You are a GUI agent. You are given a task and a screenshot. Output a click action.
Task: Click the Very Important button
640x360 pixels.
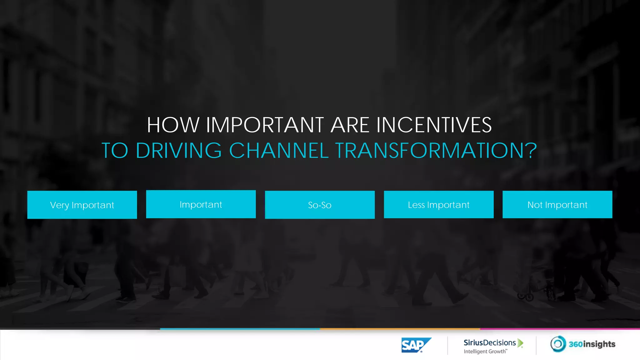click(x=82, y=205)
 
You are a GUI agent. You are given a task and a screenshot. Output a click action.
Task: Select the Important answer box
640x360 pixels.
click(x=201, y=204)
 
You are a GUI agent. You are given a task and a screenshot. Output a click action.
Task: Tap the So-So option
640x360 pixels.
click(x=320, y=205)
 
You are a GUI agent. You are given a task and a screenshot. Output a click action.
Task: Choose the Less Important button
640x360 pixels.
click(x=438, y=204)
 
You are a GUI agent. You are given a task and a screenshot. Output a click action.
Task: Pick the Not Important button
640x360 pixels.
click(x=557, y=204)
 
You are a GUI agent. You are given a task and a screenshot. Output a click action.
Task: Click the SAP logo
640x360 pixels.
click(x=416, y=345)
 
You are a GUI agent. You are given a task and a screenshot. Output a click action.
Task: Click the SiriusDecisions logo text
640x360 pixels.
click(x=489, y=342)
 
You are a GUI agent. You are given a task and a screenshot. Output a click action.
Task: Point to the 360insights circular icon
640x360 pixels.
click(x=558, y=344)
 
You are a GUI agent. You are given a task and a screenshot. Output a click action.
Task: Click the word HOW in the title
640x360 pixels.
click(x=173, y=125)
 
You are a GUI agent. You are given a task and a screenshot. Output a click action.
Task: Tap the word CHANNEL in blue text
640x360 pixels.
click(x=279, y=150)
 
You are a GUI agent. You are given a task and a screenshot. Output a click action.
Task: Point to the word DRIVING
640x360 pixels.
click(x=179, y=150)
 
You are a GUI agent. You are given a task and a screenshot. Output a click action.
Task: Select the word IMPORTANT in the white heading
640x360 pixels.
click(x=265, y=125)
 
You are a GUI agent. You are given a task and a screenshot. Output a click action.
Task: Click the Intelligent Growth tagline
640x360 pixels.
click(x=485, y=352)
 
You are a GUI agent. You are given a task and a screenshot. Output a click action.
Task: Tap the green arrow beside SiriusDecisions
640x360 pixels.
click(x=520, y=343)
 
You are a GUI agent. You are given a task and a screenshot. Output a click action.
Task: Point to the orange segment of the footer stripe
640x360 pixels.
click(x=400, y=329)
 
